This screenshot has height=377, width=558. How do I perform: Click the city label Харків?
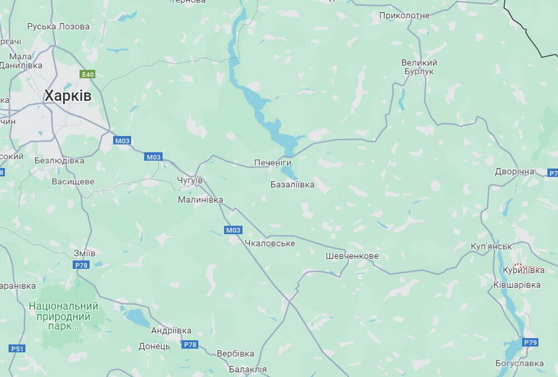(x=68, y=96)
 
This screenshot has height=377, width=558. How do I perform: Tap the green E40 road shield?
(x=88, y=74)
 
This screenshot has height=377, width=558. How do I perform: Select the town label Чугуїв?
(x=190, y=181)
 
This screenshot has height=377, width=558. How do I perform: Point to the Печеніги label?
(x=273, y=162)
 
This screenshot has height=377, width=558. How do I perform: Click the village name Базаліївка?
(x=292, y=184)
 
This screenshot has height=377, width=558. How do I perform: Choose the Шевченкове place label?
(x=352, y=256)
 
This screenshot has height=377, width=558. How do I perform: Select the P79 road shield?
(x=530, y=342)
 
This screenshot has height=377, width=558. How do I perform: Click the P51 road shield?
(x=17, y=349)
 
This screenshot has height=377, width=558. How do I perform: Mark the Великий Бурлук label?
(x=419, y=67)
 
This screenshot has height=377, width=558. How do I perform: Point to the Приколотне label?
(x=404, y=15)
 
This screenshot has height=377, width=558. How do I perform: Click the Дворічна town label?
(x=514, y=171)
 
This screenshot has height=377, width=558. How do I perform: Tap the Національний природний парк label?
(x=63, y=317)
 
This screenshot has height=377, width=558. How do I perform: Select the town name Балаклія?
(x=248, y=369)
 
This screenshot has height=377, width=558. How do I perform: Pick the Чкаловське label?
(x=270, y=243)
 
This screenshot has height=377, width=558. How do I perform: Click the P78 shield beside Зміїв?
(x=81, y=265)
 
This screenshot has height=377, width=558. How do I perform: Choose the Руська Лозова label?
(x=58, y=26)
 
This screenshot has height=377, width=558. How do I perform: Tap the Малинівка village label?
(x=200, y=199)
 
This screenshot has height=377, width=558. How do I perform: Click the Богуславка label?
(x=519, y=364)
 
